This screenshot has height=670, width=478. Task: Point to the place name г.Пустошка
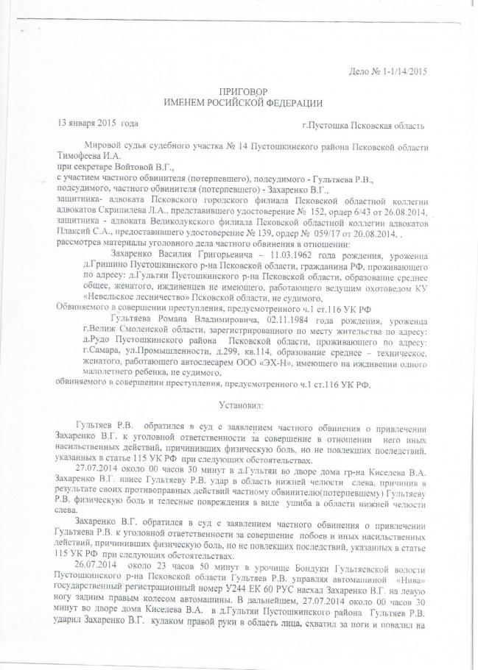click(324, 127)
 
